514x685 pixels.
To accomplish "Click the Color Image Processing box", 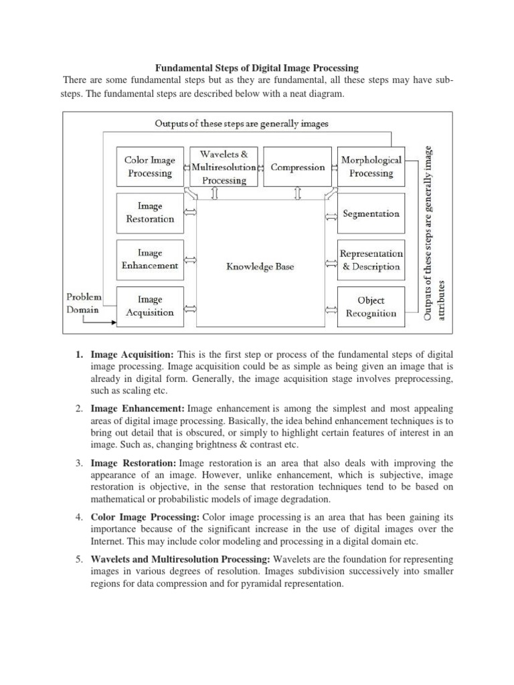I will coord(150,167).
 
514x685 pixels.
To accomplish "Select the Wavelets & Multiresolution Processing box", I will coord(224,167).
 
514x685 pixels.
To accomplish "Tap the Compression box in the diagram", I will coord(298,167).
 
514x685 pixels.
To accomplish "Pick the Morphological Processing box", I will coord(371,167).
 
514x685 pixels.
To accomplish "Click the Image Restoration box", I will coord(150,213).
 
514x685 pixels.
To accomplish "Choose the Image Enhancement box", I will coord(150,260).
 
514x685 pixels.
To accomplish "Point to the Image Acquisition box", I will coord(150,306).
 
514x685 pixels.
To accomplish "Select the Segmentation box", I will coord(371,214).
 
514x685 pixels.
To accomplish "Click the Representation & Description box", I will coord(371,260).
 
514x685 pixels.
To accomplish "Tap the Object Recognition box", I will coord(371,306).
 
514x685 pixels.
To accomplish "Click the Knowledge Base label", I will coord(260,266).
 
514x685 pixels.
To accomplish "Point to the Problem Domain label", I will coord(84,302).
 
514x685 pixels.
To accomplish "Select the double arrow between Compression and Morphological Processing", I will coord(334,167).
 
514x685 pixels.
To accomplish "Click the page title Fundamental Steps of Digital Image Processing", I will coord(257,68).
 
